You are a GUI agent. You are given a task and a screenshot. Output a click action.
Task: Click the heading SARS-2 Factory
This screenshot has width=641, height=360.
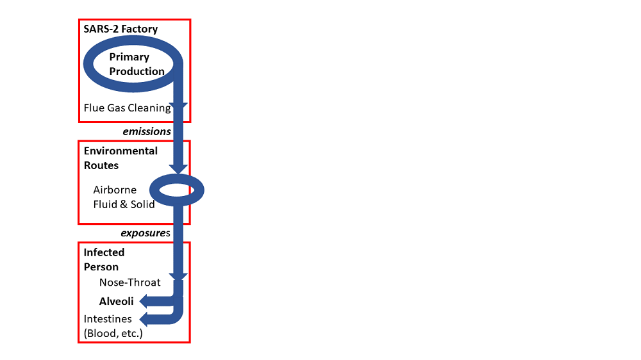click(121, 29)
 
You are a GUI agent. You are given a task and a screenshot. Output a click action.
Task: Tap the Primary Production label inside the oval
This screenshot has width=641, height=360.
click(137, 64)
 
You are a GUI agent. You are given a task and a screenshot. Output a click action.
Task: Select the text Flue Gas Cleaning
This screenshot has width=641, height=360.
click(127, 108)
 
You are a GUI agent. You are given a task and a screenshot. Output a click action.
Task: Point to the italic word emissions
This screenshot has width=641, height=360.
click(147, 131)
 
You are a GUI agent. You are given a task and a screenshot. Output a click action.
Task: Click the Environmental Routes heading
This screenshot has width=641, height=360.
click(121, 158)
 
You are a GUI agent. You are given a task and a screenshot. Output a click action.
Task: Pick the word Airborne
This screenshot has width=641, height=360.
click(115, 190)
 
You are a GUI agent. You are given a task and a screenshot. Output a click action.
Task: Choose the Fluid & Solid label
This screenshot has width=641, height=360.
click(124, 204)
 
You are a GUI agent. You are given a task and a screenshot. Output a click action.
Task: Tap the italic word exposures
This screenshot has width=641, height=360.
click(146, 233)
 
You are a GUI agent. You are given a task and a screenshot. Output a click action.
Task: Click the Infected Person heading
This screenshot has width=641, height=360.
click(104, 259)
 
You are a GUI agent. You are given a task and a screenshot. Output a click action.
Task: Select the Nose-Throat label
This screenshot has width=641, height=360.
click(130, 282)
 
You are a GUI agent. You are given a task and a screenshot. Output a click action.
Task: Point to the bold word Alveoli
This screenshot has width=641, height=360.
click(116, 300)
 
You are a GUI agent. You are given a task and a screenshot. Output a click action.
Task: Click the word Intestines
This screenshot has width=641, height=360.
click(108, 318)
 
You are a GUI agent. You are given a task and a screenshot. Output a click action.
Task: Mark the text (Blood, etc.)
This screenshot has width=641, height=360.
click(113, 334)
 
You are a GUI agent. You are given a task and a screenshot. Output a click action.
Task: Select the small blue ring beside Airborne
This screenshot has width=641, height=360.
click(176, 190)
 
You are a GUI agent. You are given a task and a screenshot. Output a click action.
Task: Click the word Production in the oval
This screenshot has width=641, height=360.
click(137, 71)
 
